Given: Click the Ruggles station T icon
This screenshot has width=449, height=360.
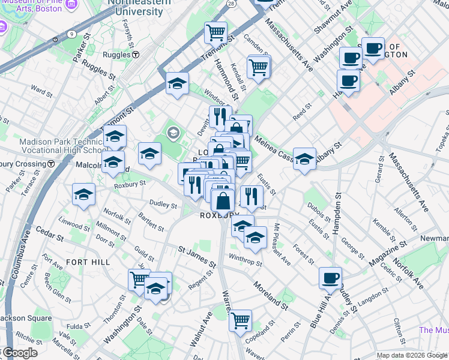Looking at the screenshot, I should [x=136, y=55].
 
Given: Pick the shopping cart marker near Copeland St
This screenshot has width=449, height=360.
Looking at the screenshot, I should [x=240, y=320].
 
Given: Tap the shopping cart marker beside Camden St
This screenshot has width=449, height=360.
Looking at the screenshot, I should [x=259, y=67].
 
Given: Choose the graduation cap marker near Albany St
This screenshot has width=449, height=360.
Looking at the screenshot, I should [x=304, y=159].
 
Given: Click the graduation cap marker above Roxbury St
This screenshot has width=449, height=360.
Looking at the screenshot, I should [x=83, y=194].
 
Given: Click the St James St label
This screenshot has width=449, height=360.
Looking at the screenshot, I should [x=197, y=255].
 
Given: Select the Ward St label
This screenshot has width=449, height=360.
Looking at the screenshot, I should [x=41, y=92].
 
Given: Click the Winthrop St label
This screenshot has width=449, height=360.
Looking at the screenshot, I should [x=247, y=263].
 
